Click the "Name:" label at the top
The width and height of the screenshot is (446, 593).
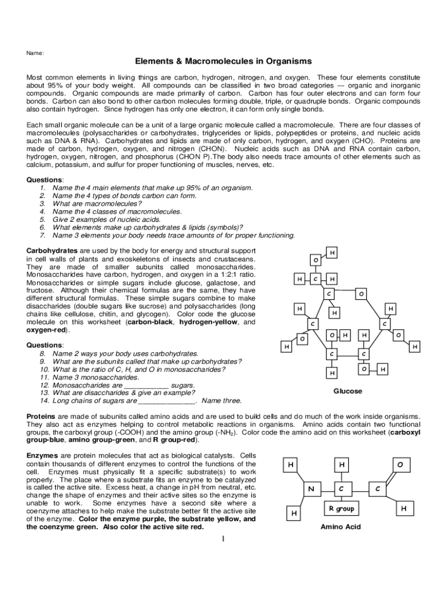(x=35, y=53)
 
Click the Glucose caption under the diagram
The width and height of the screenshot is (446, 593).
(x=348, y=391)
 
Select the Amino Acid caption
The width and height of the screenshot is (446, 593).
(x=341, y=527)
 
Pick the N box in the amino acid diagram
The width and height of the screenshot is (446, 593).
(x=311, y=489)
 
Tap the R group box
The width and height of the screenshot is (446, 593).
(x=341, y=509)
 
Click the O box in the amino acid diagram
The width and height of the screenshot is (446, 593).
(x=400, y=465)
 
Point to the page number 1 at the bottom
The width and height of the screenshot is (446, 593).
(x=222, y=540)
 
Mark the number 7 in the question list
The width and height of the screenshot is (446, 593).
(x=42, y=236)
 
